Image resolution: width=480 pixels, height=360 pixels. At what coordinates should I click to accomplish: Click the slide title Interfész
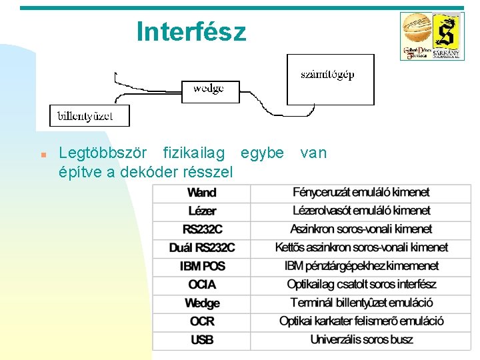[x=191, y=31]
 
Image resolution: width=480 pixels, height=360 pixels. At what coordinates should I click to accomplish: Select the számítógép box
[x=330, y=79]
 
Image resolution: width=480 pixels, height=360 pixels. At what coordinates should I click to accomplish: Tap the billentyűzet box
[x=89, y=116]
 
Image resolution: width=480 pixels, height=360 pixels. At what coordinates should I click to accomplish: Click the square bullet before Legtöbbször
[x=43, y=154]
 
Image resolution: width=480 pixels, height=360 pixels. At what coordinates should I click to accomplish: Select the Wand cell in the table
[x=202, y=193]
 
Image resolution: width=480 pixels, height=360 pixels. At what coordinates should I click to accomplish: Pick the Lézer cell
[x=202, y=211]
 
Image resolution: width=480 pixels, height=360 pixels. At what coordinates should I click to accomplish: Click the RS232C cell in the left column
[x=202, y=229]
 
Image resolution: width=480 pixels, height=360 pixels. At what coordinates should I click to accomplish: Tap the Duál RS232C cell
[x=202, y=248]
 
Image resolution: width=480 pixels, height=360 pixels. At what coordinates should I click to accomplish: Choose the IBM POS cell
[x=202, y=266]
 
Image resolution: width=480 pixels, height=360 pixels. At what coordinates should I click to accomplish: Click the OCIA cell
[x=202, y=285]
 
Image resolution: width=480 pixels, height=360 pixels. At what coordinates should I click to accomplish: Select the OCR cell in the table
[x=202, y=321]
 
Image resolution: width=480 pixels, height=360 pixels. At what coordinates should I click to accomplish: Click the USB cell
[x=202, y=340]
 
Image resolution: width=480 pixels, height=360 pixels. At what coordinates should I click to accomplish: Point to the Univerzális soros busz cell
[x=361, y=340]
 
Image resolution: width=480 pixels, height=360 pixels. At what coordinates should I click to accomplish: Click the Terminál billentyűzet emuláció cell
[x=361, y=303]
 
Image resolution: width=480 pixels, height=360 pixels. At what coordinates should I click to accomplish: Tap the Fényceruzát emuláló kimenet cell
[x=361, y=193]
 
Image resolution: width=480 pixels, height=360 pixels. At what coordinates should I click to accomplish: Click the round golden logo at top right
[x=417, y=33]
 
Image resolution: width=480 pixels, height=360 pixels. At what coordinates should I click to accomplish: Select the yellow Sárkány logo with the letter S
[x=447, y=36]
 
